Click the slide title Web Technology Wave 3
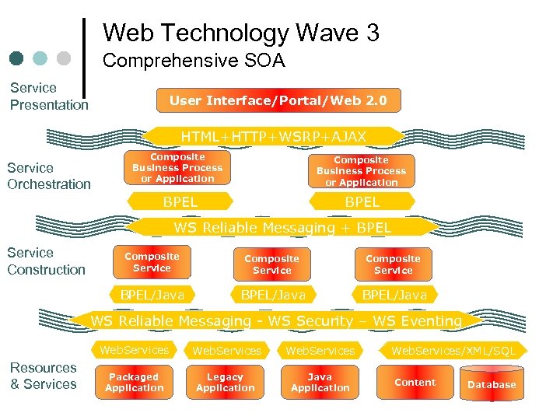click(240, 33)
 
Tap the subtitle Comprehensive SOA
click(194, 61)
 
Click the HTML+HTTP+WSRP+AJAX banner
click(273, 137)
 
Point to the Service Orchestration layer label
click(49, 176)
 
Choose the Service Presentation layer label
click(49, 96)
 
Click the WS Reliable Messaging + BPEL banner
click(282, 228)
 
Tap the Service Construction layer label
click(46, 261)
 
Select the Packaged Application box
click(134, 383)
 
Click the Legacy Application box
click(225, 383)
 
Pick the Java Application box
click(320, 383)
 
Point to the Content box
click(415, 383)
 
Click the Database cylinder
click(492, 384)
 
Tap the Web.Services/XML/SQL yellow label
click(453, 351)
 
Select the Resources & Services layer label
click(44, 376)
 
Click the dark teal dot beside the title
click(17, 58)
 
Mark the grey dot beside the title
click(64, 58)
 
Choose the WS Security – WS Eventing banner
click(276, 320)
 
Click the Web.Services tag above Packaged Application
click(134, 350)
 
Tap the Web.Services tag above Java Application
click(320, 351)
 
